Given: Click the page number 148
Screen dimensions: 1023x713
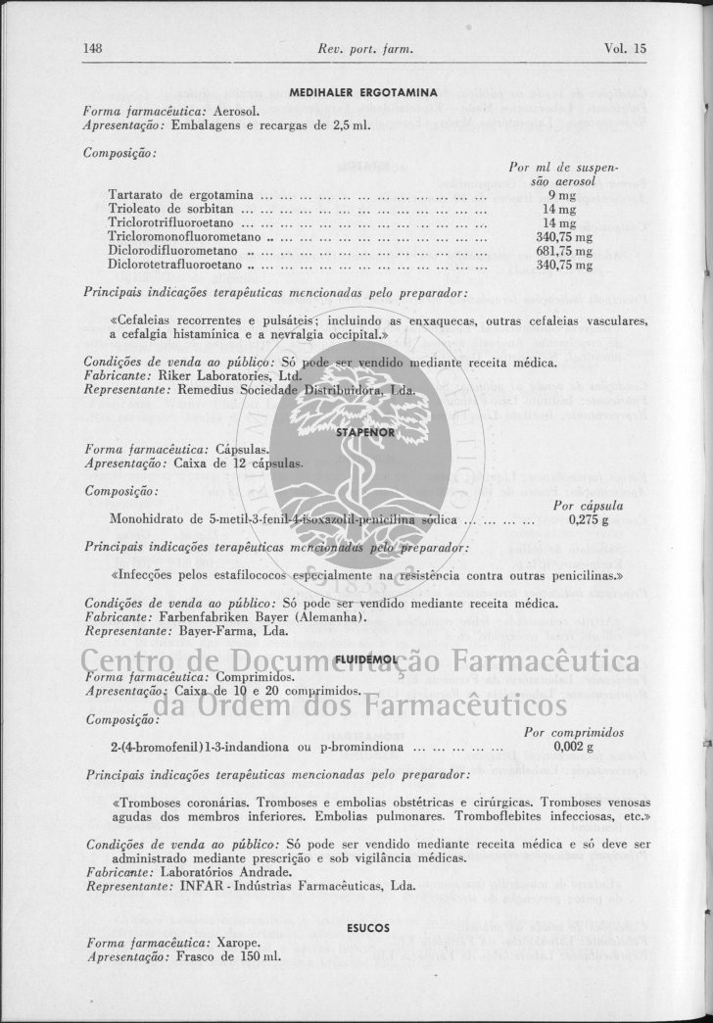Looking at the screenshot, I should click(x=94, y=47).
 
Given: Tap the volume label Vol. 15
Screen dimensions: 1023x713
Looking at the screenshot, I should click(x=626, y=47).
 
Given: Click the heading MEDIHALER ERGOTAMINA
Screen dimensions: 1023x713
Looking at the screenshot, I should click(x=362, y=92).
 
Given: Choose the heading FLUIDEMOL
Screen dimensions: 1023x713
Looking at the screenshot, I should click(x=363, y=661).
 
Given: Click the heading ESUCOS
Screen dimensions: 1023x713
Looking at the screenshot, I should click(x=368, y=927).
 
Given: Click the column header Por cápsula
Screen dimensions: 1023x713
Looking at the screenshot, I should click(x=588, y=507).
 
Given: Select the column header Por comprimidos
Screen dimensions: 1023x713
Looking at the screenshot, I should click(x=573, y=732).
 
